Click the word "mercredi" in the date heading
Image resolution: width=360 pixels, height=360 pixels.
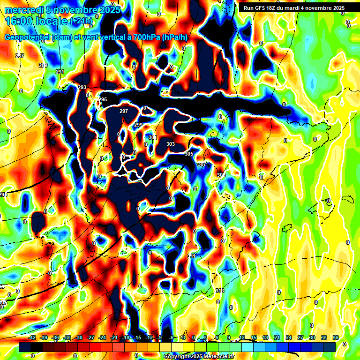(x=22, y=10)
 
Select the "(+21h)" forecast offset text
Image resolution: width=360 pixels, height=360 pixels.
(x=81, y=21)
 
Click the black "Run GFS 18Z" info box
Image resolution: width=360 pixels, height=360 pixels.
(x=294, y=7)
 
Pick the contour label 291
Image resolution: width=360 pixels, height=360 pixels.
(x=60, y=72)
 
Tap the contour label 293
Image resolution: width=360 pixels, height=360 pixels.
(x=82, y=88)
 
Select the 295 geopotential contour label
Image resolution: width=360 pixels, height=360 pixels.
(x=103, y=100)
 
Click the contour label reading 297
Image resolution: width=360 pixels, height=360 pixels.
(x=124, y=112)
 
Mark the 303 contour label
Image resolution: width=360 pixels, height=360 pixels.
(x=171, y=144)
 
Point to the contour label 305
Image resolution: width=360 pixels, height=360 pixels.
(x=189, y=154)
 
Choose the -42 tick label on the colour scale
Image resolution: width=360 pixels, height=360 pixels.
(x=32, y=337)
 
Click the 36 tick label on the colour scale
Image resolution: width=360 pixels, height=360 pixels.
(x=336, y=337)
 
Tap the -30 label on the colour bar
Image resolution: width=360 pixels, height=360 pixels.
(x=79, y=337)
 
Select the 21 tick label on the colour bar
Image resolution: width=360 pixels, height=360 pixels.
(x=277, y=337)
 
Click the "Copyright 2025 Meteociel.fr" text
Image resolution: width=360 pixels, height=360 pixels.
(x=199, y=357)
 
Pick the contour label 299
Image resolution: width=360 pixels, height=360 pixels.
(x=138, y=125)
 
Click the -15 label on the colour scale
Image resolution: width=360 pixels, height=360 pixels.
(x=137, y=337)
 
